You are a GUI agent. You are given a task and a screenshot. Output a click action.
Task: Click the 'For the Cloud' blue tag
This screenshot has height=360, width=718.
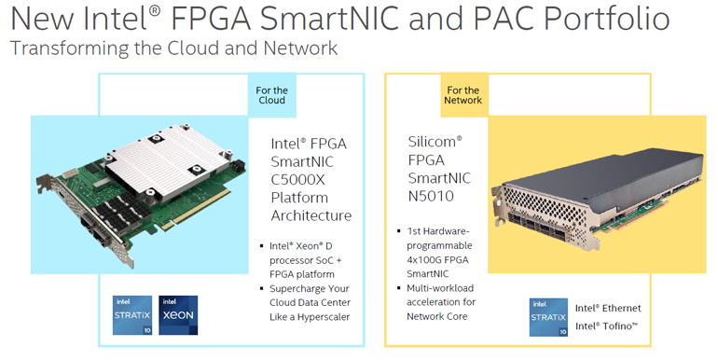271,94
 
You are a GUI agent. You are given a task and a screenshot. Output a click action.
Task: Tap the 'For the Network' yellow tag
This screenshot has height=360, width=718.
463,94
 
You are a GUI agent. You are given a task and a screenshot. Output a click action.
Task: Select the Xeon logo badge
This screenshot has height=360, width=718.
178,314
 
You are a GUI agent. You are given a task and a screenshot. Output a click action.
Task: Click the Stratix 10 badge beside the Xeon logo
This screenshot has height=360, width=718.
132,314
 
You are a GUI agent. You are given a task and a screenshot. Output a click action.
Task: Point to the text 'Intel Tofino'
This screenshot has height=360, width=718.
607,326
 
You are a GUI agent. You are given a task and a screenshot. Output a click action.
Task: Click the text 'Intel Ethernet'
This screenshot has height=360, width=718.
608,308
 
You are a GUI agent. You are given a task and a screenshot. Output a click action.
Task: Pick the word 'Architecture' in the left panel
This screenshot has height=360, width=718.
311,215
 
